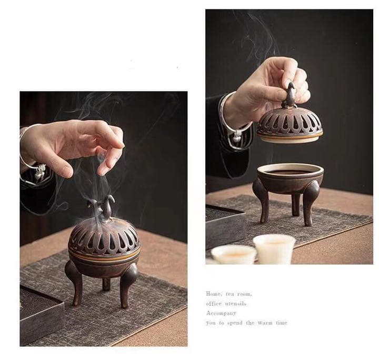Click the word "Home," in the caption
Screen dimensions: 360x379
pyautogui.click(x=213, y=294)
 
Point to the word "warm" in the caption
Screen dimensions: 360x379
pyautogui.click(x=266, y=323)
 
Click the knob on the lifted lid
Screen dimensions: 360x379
pyautogui.click(x=288, y=96)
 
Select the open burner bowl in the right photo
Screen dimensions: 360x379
pyautogui.click(x=290, y=177)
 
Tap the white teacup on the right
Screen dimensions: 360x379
pyautogui.click(x=274, y=248)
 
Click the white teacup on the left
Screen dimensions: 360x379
pyautogui.click(x=234, y=255)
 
